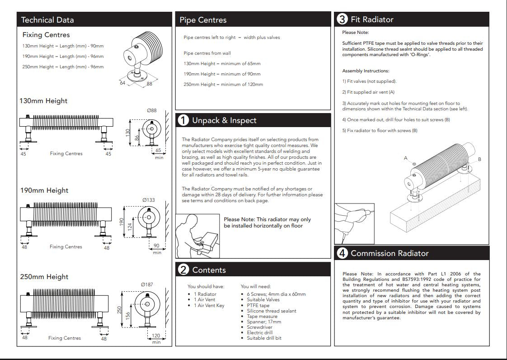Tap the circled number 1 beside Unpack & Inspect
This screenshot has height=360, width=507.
183,120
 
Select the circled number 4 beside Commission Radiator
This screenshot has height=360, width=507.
343,253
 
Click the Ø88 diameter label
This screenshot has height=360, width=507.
152,110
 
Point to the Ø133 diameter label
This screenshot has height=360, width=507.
148,200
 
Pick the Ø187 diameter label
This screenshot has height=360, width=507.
147,284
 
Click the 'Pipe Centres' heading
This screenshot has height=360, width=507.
203,20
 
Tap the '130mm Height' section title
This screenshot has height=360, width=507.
44,101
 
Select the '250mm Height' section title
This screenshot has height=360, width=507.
44,277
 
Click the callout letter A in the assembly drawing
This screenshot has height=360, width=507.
406,157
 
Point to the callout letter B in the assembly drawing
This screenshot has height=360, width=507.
479,159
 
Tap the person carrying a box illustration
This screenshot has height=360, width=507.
197,236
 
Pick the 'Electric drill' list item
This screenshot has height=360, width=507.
260,333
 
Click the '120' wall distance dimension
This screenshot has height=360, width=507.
156,336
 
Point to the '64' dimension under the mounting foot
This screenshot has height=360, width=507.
122,83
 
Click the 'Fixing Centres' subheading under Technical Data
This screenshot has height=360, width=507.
46,35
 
